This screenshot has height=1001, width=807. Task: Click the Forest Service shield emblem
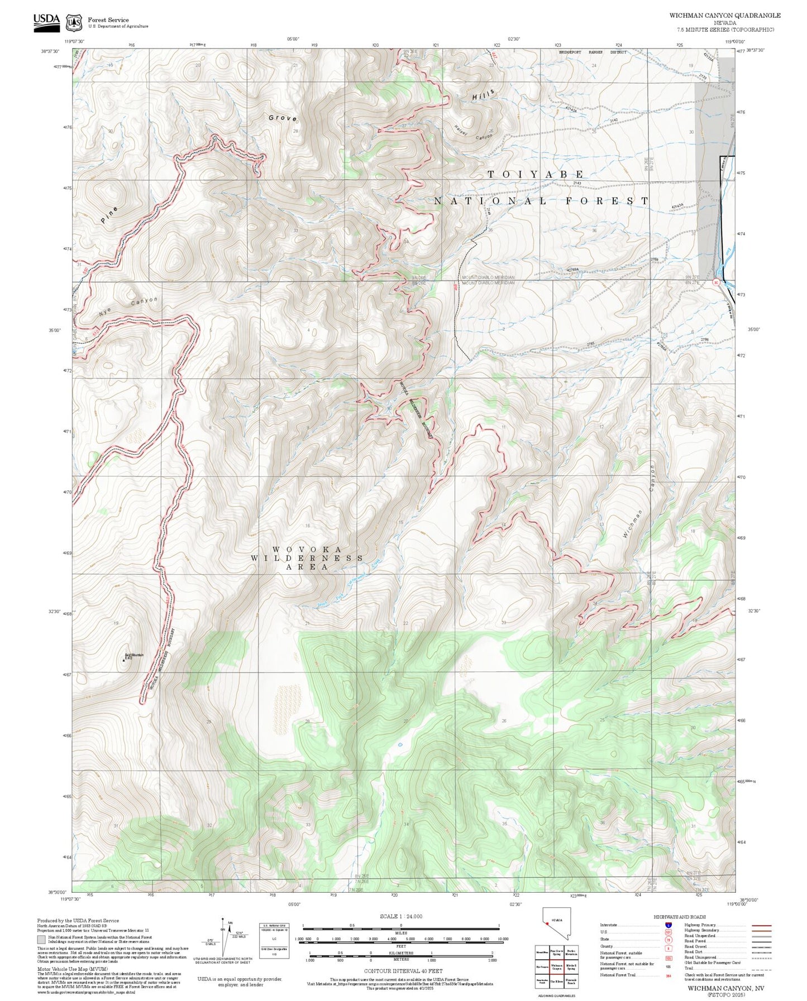coord(73,23)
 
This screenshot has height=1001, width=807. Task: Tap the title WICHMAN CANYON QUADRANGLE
coord(724,16)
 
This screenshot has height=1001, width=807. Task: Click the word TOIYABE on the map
coord(536,175)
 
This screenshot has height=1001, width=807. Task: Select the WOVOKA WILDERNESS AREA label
coord(307,558)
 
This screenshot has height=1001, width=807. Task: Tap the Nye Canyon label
coord(128,306)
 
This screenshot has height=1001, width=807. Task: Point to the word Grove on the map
coord(283,118)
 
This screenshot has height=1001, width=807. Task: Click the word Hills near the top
coord(483,95)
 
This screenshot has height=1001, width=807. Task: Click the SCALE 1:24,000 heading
coord(400,916)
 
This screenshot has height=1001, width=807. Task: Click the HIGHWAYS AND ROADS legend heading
coord(679,917)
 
